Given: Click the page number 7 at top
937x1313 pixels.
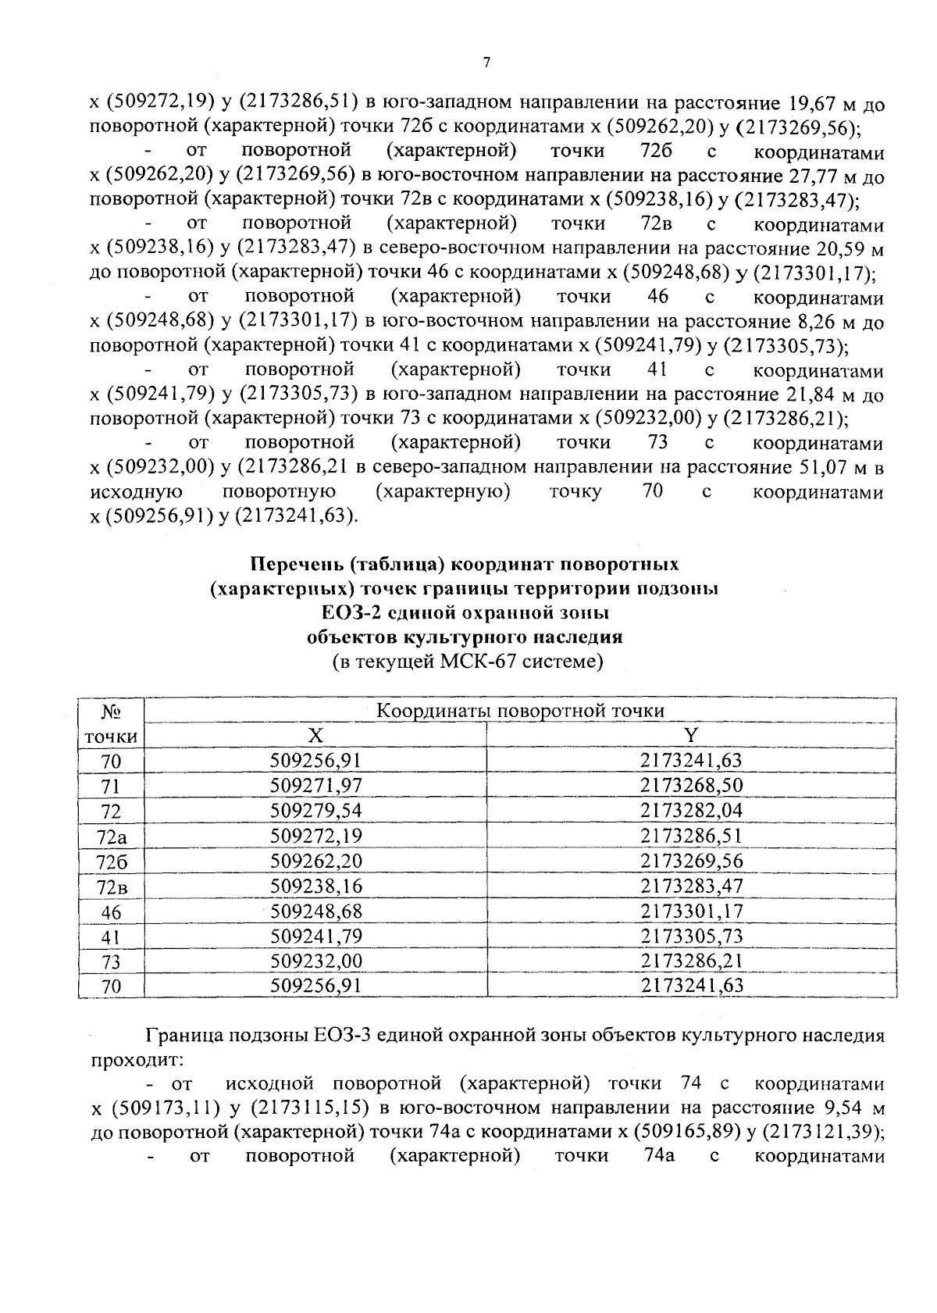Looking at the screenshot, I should click(x=485, y=63).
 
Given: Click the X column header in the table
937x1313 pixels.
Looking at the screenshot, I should click(x=315, y=736).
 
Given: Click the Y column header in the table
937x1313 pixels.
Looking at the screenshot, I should click(x=690, y=736).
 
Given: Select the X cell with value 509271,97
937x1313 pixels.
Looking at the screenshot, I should click(x=315, y=786).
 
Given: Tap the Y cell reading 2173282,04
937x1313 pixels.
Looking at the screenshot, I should click(x=691, y=811).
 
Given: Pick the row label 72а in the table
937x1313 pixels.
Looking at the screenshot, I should click(x=111, y=837).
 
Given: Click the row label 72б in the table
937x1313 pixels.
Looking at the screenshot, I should click(x=111, y=862).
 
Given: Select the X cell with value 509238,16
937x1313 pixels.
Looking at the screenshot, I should click(x=315, y=887).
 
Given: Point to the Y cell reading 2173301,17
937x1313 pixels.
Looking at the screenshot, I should click(x=691, y=912).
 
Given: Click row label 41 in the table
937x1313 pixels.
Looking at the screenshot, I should click(x=111, y=937).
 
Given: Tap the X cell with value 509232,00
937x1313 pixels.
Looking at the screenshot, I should click(x=315, y=962).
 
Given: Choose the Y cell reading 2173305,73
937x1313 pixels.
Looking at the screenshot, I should click(x=691, y=937).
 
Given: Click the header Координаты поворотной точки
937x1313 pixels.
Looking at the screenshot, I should click(x=520, y=711).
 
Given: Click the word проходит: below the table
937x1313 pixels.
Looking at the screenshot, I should click(x=137, y=1061).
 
